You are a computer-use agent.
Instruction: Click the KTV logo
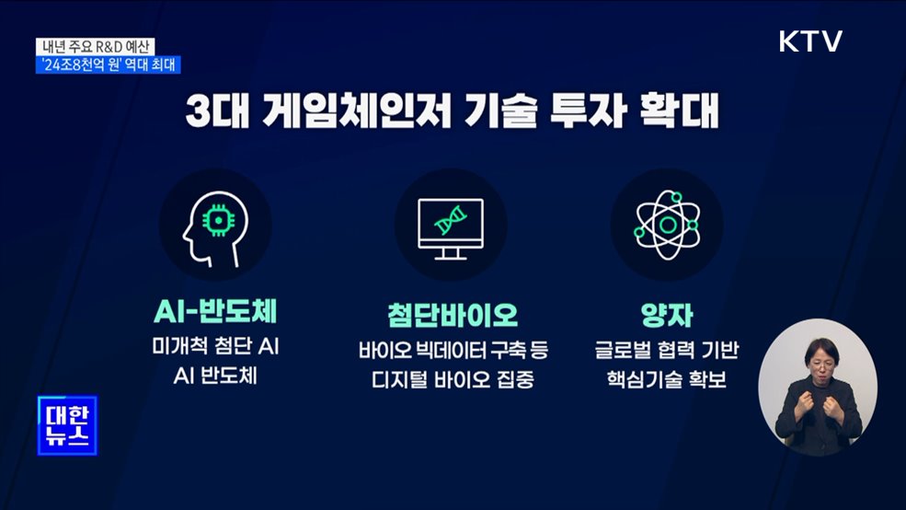coord(810,41)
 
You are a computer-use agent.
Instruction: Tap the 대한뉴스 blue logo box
coord(67,424)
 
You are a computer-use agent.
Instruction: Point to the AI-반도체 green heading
coord(214,315)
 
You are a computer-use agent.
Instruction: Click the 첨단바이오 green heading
coord(453,315)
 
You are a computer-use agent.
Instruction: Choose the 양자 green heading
coord(667,315)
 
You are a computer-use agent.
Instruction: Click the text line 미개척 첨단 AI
coord(214,350)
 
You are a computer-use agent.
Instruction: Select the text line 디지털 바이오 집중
coord(453,378)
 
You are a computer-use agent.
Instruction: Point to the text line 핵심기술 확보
coord(667,378)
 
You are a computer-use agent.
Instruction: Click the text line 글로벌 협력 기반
coord(667,350)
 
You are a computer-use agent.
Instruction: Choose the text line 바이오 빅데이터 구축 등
coord(453,350)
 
